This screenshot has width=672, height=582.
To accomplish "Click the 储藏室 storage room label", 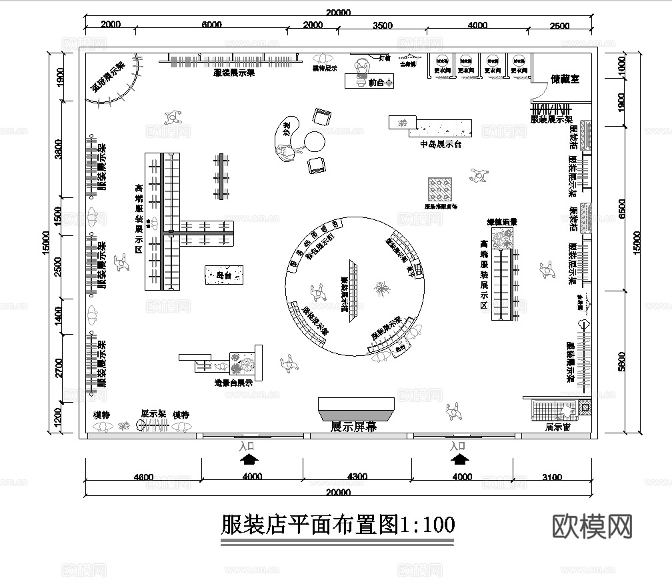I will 565,79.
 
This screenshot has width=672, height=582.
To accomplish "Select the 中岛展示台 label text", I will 441,143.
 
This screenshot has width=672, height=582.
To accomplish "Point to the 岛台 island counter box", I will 224,275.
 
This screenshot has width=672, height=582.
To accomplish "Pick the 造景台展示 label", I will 233,383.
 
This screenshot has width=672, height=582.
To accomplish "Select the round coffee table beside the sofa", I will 314,141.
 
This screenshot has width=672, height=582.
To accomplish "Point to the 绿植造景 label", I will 502,221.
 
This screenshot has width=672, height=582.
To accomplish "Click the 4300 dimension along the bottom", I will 357,477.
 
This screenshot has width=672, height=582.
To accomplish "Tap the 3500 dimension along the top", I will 383,26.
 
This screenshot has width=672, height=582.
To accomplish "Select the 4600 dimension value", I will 143,477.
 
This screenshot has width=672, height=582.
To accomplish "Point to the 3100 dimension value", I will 552,477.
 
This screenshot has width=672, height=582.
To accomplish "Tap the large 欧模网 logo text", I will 593,526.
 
